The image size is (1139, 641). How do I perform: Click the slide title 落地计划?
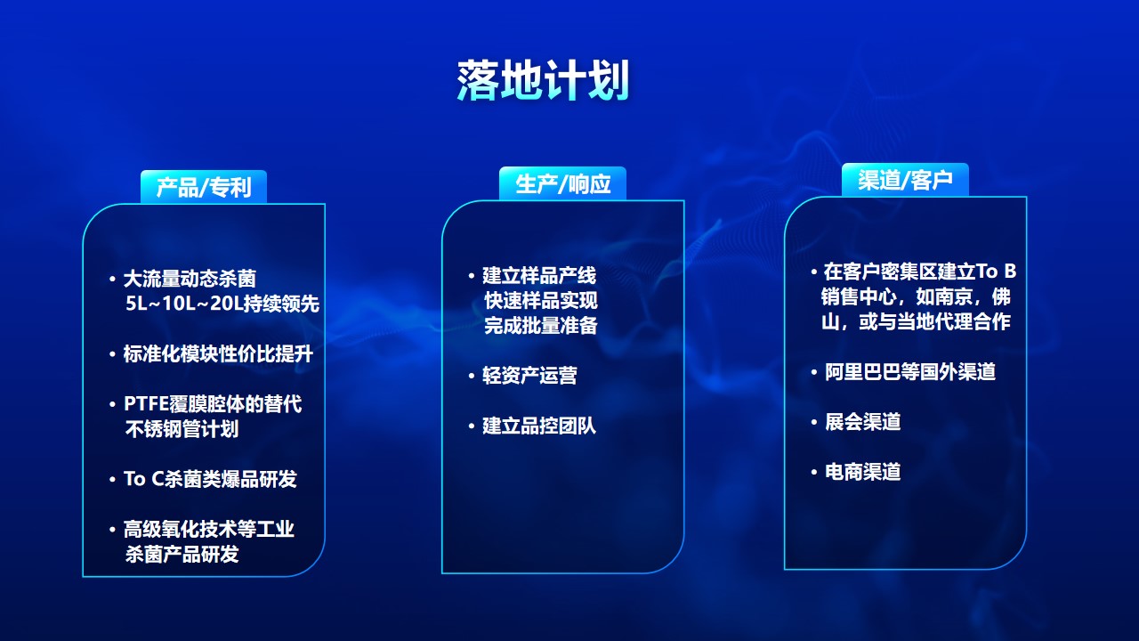click(x=543, y=80)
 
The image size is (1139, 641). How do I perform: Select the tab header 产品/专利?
click(x=204, y=187)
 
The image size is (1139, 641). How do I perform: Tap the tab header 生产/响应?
click(x=562, y=183)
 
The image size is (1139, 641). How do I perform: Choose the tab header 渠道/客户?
click(x=905, y=180)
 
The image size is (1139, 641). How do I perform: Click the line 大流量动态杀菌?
click(x=190, y=279)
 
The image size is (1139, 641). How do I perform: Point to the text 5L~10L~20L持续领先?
click(x=222, y=304)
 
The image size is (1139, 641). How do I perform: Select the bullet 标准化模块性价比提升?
click(x=218, y=354)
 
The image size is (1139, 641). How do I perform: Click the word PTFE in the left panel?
click(x=147, y=404)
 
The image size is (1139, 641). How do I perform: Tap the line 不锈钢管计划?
click(x=182, y=429)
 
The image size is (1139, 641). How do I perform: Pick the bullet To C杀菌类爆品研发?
click(x=210, y=479)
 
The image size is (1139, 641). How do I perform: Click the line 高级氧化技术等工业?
click(x=209, y=529)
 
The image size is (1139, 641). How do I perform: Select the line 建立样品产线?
click(x=539, y=275)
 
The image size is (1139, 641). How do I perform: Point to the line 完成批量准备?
click(x=540, y=325)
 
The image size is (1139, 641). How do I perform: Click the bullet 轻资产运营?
click(x=529, y=376)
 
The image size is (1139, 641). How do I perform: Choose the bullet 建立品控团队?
click(x=539, y=426)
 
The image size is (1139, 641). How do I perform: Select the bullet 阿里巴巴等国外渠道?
click(x=910, y=372)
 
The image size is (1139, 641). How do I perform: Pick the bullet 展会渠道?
click(x=863, y=422)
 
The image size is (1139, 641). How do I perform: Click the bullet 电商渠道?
click(x=863, y=472)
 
